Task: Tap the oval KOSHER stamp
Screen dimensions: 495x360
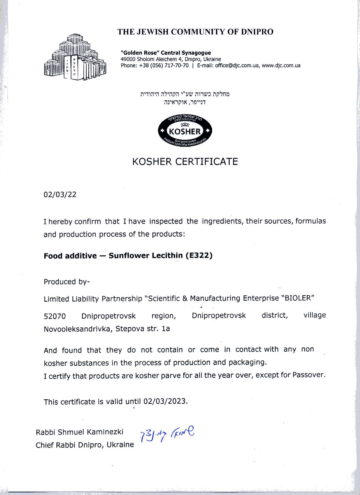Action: pyautogui.click(x=185, y=131)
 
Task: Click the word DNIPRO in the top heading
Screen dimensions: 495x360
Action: pyautogui.click(x=257, y=32)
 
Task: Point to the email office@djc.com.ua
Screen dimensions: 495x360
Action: pyautogui.click(x=237, y=66)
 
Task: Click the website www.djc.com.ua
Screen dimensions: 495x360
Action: pyautogui.click(x=281, y=66)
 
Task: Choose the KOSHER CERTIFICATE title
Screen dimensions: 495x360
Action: pyautogui.click(x=185, y=162)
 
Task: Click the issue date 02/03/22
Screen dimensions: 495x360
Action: pyautogui.click(x=60, y=195)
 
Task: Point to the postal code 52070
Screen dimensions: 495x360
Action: pyautogui.click(x=55, y=316)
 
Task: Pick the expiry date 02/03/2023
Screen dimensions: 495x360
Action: pyautogui.click(x=165, y=401)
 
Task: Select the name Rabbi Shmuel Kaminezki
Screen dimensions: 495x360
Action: pyautogui.click(x=80, y=432)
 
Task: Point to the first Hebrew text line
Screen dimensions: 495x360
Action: pyautogui.click(x=185, y=94)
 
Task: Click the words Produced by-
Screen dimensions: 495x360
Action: pyautogui.click(x=67, y=282)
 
